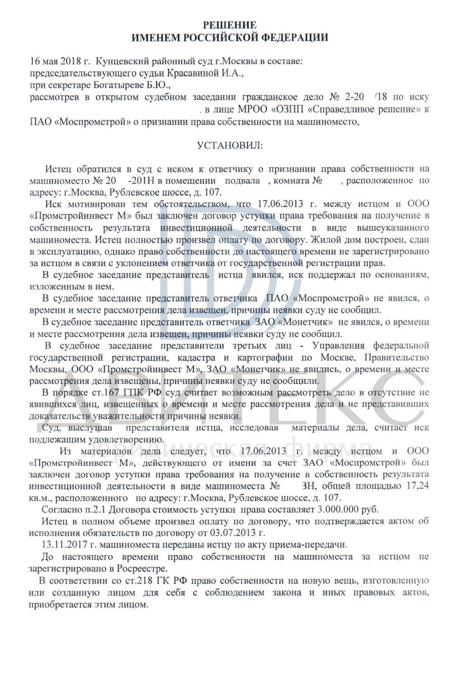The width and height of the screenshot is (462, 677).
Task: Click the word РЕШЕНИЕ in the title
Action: point(230,25)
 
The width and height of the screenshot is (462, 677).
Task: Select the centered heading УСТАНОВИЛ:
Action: point(230,146)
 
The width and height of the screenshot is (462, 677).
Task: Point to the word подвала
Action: point(242,181)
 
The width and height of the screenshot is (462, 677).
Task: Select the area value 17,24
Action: point(417,486)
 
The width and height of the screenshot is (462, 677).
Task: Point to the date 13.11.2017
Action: point(62,544)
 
